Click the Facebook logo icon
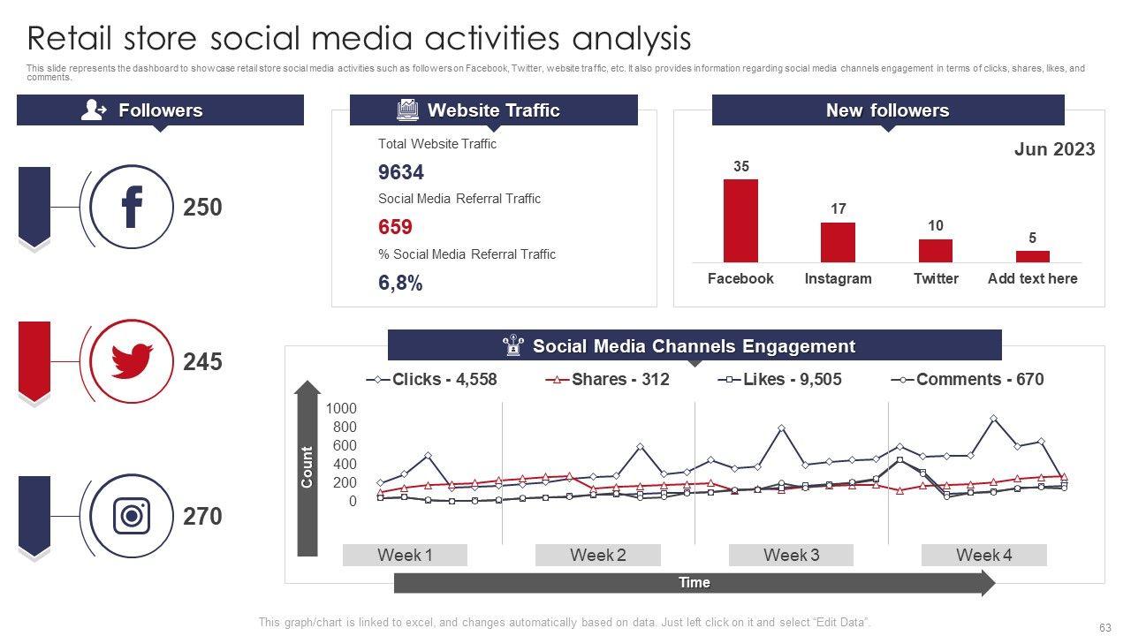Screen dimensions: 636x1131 click(132, 207)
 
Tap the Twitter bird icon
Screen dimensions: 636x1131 click(132, 361)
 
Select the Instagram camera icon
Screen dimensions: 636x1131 click(132, 515)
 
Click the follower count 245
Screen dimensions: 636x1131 click(202, 362)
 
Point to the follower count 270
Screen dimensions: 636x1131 click(202, 516)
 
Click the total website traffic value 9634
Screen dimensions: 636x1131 click(401, 172)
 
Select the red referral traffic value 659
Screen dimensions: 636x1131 click(395, 227)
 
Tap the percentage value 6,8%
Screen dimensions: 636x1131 click(400, 283)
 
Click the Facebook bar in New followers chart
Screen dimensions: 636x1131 click(740, 221)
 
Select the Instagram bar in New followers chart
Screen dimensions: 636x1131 click(838, 242)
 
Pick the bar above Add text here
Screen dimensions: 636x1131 click(1032, 256)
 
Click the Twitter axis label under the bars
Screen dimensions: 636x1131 click(936, 278)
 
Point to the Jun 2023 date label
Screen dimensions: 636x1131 click(1054, 149)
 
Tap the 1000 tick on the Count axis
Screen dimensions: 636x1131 click(341, 408)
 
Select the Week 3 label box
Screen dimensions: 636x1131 click(791, 555)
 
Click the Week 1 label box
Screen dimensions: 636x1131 click(405, 555)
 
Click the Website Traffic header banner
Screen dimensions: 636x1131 click(493, 110)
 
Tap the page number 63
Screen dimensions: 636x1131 click(1104, 627)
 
